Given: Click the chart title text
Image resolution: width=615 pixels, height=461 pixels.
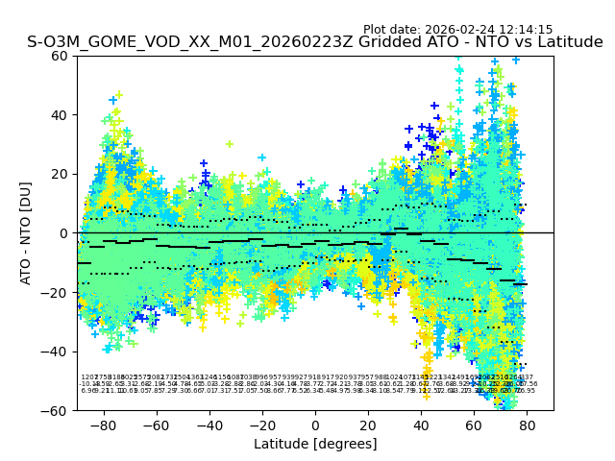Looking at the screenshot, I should coord(315,42).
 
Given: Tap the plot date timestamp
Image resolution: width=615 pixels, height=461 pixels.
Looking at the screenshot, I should coord(457,30).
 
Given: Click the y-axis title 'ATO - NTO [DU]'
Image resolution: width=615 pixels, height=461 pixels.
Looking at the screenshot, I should coord(27,232).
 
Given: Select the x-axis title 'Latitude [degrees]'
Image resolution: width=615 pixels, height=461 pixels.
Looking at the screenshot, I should coord(315,444).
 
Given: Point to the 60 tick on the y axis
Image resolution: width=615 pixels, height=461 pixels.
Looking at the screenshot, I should coord(60,56).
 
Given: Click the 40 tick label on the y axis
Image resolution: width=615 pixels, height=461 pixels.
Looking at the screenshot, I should coord(60,115).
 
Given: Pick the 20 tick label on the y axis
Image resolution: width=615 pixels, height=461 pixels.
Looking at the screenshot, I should coord(60,174).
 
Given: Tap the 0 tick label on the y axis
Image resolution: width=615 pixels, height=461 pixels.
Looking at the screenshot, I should coord(63,233).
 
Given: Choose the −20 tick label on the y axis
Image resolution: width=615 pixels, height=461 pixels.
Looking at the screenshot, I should coord(56,292).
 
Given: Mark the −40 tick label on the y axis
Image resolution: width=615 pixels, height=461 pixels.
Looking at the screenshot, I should coord(56,352).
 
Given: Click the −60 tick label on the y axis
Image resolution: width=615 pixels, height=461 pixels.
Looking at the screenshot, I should coord(56,410).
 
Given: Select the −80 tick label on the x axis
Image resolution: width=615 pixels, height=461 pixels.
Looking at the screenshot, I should coord(103,425).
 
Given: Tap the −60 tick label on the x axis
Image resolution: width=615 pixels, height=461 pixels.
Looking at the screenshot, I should coord(156,425).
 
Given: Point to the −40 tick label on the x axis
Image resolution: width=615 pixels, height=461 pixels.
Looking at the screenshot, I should coord(209,425).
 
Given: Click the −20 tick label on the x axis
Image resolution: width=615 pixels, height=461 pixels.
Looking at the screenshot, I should coord(261,425).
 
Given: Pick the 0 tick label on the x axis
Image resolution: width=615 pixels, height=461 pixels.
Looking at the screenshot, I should coord(315,425).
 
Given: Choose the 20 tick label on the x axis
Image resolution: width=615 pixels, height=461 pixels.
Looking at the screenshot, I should coord(368,425).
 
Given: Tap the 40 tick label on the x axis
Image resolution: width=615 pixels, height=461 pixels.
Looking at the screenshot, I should coord(421,425).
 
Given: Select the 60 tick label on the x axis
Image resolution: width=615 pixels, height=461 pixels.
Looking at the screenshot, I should coord(474,425).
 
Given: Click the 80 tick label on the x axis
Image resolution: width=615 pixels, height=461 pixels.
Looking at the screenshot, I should coord(527,425).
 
